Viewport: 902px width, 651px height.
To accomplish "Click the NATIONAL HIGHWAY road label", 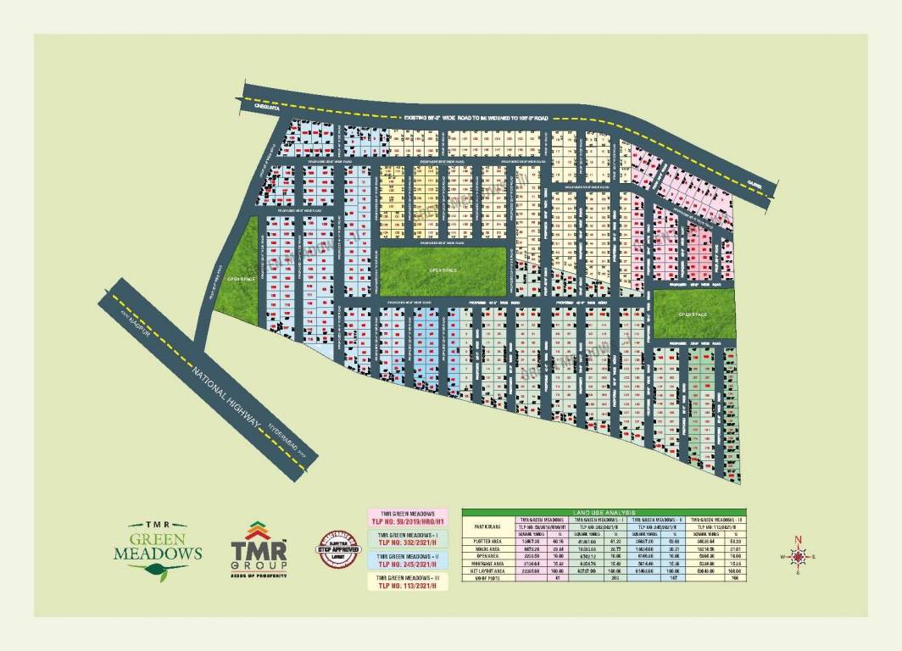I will (x=228, y=398).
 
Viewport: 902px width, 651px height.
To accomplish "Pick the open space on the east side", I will (x=692, y=313).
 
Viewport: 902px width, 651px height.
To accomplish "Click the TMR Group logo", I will (x=260, y=549).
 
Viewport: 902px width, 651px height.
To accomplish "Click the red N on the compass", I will (x=797, y=539).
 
